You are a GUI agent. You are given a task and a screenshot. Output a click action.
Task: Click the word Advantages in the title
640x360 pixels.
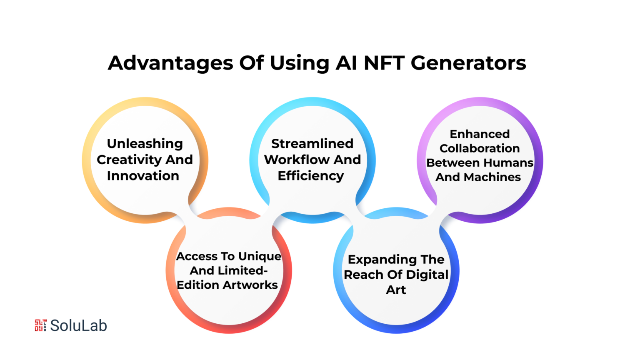coord(170,63)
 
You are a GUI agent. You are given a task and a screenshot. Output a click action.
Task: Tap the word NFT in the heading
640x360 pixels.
coord(384,62)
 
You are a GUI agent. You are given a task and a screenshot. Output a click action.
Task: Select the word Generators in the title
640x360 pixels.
coord(468,63)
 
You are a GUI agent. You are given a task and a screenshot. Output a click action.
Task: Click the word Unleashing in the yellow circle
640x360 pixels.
coord(145,144)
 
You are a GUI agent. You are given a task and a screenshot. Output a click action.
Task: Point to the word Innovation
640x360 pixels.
coord(143,176)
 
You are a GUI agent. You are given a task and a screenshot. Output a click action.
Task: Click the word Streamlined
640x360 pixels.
coord(312,144)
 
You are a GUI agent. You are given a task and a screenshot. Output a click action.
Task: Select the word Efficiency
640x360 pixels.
coord(311,176)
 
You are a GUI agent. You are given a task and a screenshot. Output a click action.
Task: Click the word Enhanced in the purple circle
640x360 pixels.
coord(480,134)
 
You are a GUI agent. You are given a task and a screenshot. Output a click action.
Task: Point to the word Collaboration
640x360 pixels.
coord(480,149)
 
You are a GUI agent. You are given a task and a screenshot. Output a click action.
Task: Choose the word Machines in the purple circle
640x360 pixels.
coord(492,177)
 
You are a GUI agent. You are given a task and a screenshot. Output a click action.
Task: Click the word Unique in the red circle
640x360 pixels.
coord(260,256)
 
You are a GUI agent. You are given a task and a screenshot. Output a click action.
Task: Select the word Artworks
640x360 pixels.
coord(250,285)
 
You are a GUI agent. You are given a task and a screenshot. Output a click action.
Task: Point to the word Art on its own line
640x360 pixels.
coord(396,290)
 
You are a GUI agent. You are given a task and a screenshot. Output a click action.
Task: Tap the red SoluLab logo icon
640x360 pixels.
coord(41,325)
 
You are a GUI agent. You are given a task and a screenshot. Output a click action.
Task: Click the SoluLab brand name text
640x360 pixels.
coord(79,326)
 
